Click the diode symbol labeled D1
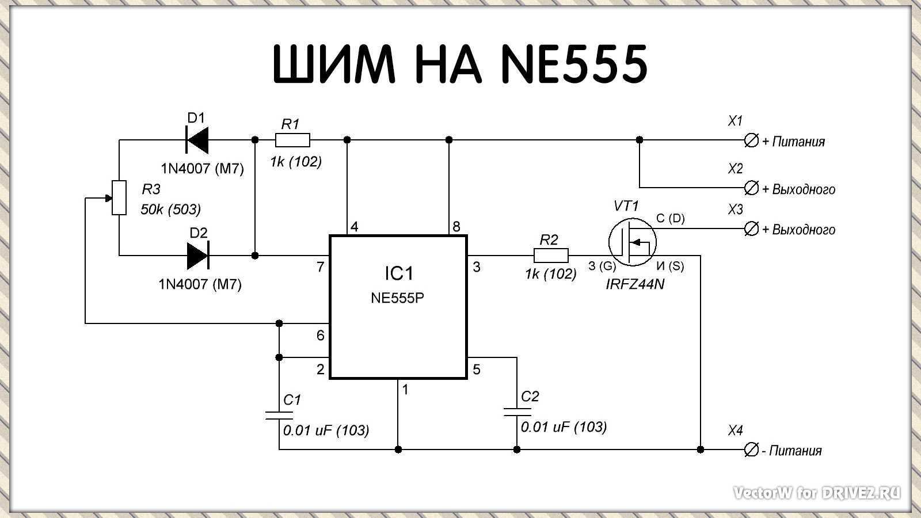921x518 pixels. click(197, 140)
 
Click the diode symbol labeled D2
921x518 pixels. click(197, 255)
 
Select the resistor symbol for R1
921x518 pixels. click(292, 140)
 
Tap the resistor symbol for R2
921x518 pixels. click(551, 255)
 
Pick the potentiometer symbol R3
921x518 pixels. click(119, 197)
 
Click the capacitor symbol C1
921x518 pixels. click(279, 415)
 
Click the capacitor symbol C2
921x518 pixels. click(517, 412)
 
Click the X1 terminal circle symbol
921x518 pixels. click(751, 140)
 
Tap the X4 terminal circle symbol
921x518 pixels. click(751, 450)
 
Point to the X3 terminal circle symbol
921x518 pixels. click(751, 228)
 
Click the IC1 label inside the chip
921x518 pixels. click(398, 273)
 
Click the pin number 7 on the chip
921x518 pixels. click(321, 266)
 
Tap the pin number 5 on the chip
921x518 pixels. click(477, 369)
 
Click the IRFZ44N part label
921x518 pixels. click(635, 284)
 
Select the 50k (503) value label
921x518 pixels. click(170, 210)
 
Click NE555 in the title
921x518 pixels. click(574, 64)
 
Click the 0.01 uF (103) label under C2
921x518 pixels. click(564, 426)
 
